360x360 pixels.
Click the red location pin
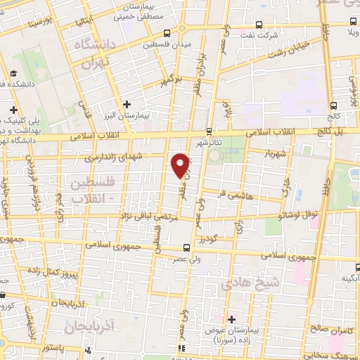coord(181,165)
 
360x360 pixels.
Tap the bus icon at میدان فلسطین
coord(167,33)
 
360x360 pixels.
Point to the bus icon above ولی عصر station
coord(186,247)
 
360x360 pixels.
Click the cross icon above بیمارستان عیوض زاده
coord(231,319)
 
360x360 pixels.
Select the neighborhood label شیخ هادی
coord(240,283)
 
